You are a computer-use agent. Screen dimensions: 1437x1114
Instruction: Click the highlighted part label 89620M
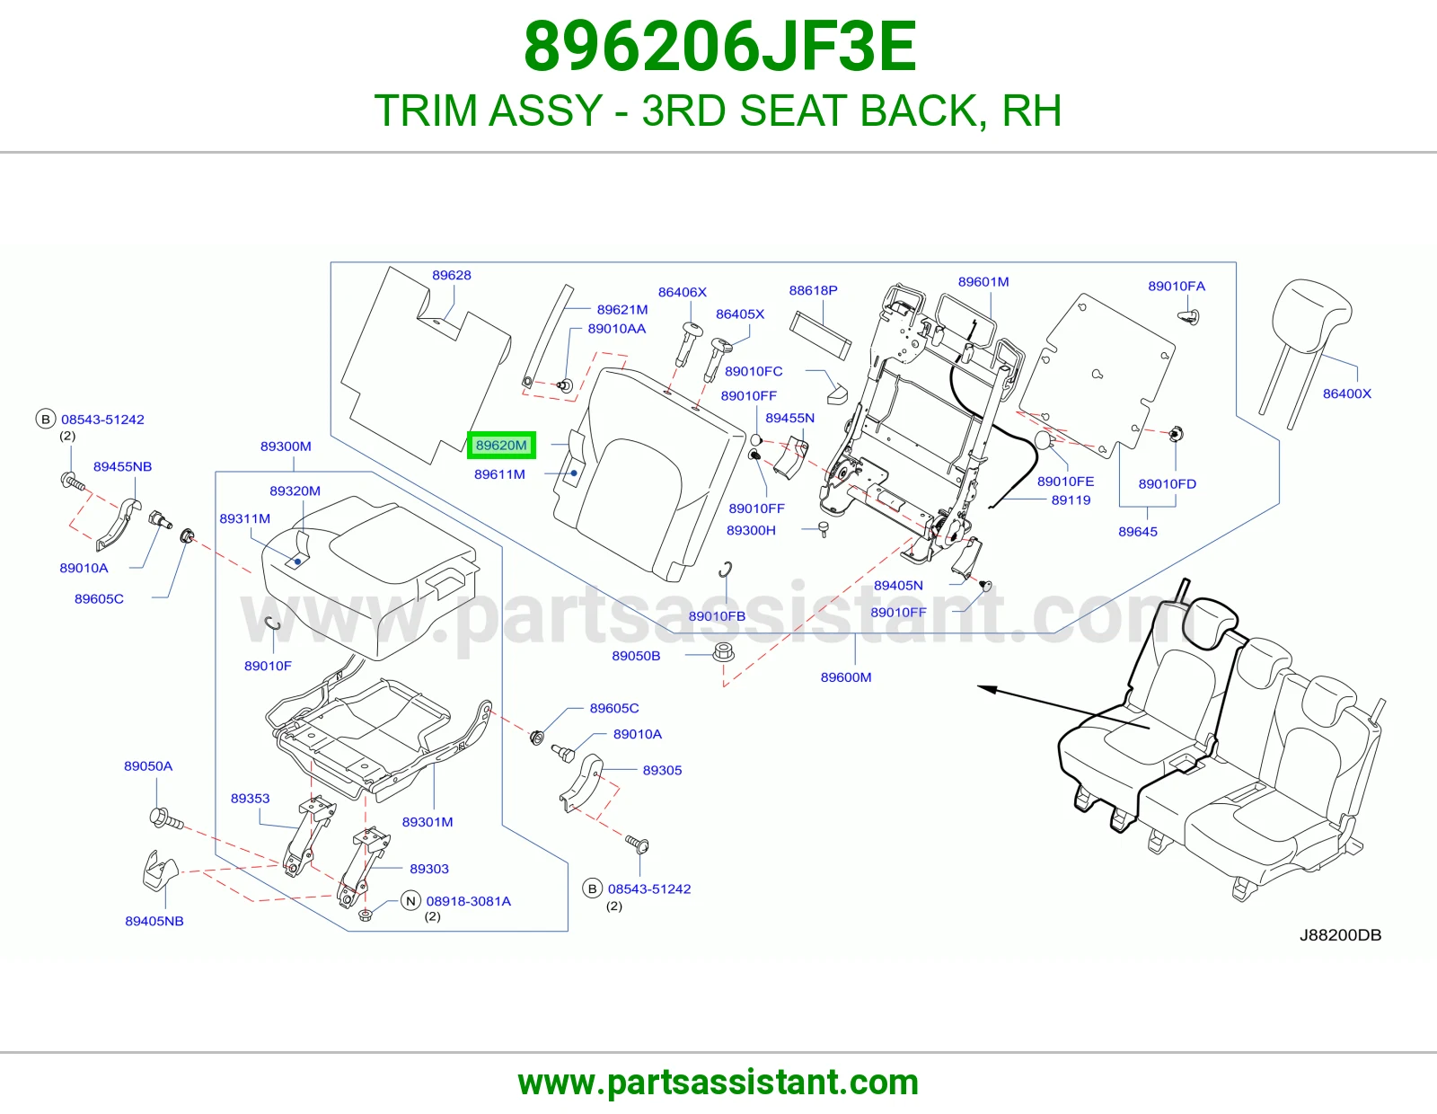pyautogui.click(x=501, y=446)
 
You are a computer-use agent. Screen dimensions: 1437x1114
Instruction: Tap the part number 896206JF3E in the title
pyautogui.click(x=719, y=47)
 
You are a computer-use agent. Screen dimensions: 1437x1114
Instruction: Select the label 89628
pyautogui.click(x=452, y=275)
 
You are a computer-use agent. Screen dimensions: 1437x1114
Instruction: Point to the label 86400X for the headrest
pyautogui.click(x=1347, y=393)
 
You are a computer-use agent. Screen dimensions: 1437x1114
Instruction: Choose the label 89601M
pyautogui.click(x=983, y=282)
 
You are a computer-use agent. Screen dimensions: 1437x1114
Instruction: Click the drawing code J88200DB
pyautogui.click(x=1340, y=934)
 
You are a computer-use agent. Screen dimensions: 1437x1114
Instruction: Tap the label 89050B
pyautogui.click(x=636, y=656)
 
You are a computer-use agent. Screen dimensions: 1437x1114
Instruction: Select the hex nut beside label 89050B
pyautogui.click(x=724, y=652)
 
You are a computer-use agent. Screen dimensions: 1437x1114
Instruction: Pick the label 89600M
pyautogui.click(x=846, y=677)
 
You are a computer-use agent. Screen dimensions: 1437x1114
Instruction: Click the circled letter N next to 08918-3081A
pyautogui.click(x=410, y=901)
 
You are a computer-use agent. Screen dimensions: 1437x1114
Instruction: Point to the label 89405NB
pyautogui.click(x=154, y=921)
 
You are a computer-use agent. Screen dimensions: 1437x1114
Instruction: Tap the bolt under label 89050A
pyautogui.click(x=165, y=819)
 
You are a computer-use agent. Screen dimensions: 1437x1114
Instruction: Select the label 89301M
pyautogui.click(x=428, y=822)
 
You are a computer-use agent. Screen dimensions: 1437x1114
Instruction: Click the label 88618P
pyautogui.click(x=813, y=290)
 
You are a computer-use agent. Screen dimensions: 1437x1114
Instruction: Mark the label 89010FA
pyautogui.click(x=1177, y=287)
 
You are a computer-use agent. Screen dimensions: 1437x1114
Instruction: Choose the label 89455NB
pyautogui.click(x=122, y=466)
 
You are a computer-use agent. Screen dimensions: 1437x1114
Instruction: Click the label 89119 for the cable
pyautogui.click(x=1071, y=500)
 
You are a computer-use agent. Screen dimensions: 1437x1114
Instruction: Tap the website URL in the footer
pyautogui.click(x=718, y=1083)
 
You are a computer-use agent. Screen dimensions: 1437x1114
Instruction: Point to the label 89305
pyautogui.click(x=662, y=770)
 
